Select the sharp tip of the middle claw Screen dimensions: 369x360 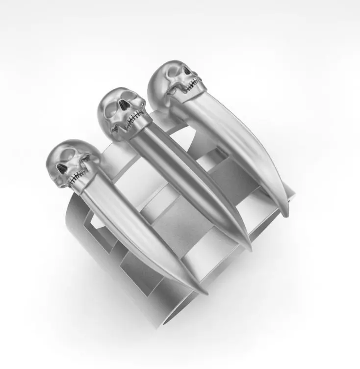pos(251,248)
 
